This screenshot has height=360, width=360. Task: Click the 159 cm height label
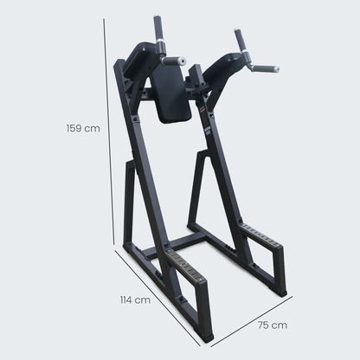click(83, 128)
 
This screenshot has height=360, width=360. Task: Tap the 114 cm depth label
click(135, 300)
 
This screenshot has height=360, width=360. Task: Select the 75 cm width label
click(273, 325)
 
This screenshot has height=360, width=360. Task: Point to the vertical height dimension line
click(109, 132)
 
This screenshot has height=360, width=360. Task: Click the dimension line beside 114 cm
click(157, 298)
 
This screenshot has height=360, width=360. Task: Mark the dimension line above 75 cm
click(252, 321)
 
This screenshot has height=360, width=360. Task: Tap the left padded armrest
click(141, 58)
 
